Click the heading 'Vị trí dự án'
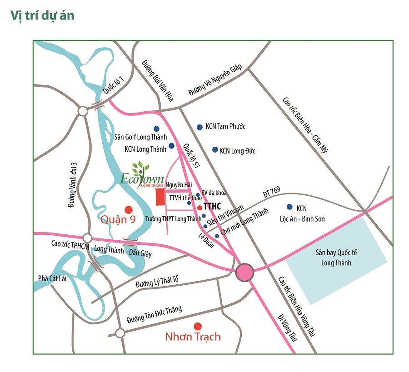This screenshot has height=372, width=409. pyautogui.click(x=42, y=15)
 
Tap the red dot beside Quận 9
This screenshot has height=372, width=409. pyautogui.click(x=129, y=209)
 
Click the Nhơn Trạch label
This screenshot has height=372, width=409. pyautogui.click(x=193, y=337)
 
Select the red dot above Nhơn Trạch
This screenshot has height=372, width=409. pyautogui.click(x=197, y=326)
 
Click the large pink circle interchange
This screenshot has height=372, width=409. pyautogui.click(x=245, y=272)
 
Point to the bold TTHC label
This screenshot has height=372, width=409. pyautogui.click(x=212, y=206)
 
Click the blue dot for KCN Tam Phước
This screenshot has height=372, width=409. pyautogui.click(x=200, y=127)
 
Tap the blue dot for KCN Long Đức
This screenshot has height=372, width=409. pyautogui.click(x=215, y=149)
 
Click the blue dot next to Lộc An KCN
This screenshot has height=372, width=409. pyautogui.click(x=288, y=206)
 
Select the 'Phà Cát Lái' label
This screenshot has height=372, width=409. pyautogui.click(x=52, y=278)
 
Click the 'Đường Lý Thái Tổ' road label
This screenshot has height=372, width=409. pyautogui.click(x=157, y=282)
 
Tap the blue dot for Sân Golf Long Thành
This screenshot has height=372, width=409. pyautogui.click(x=156, y=129)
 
